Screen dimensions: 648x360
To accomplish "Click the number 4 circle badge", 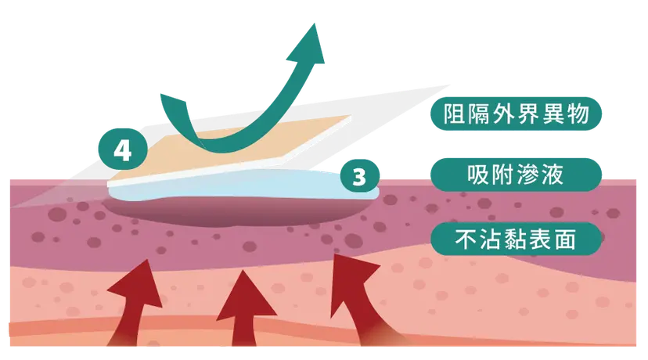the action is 123,149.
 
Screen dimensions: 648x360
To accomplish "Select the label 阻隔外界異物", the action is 516,113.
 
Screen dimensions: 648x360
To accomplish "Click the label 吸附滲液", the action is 516,175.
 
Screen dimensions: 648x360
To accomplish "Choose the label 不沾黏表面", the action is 516,239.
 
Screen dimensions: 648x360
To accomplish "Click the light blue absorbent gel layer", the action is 244,185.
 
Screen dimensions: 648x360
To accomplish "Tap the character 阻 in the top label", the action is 454,113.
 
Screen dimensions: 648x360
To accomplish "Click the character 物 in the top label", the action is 578,113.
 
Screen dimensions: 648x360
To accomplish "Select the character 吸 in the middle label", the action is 478,175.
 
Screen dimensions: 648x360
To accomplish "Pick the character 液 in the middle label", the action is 553,175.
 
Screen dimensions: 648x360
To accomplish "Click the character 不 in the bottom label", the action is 466,239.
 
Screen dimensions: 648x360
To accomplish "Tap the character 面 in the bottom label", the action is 565,239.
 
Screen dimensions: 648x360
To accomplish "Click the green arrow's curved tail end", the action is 173,99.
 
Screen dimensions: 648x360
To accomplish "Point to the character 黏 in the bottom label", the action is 516,239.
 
